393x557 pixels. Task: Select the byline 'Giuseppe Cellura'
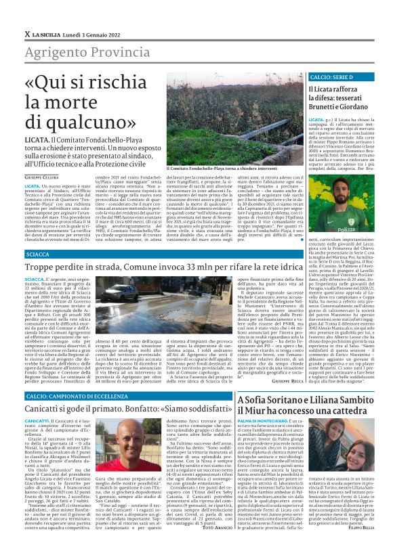41,177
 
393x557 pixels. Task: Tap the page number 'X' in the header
26,33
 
